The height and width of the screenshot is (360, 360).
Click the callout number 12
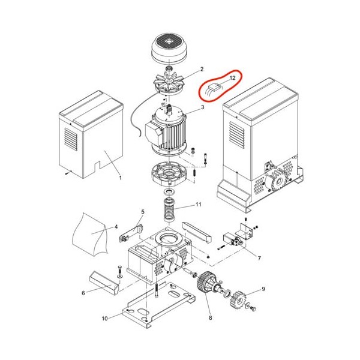point(232,78)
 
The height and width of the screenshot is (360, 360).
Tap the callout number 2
point(202,69)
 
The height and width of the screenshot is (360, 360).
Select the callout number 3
point(202,107)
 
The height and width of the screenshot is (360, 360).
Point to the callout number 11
point(199,205)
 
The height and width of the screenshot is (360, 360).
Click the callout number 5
point(143,212)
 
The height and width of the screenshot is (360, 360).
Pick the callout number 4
point(116,227)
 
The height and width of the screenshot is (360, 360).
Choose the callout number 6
point(83,293)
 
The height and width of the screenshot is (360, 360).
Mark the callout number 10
point(104,319)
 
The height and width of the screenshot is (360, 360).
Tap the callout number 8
point(211,318)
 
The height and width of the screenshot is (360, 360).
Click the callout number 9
point(263,289)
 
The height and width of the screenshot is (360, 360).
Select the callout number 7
point(259,258)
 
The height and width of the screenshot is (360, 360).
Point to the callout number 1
point(121,178)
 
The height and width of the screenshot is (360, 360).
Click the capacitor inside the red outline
point(214,88)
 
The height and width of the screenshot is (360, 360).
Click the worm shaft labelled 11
point(169,210)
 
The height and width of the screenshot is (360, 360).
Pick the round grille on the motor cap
point(169,42)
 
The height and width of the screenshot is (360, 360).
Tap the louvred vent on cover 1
point(71,139)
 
